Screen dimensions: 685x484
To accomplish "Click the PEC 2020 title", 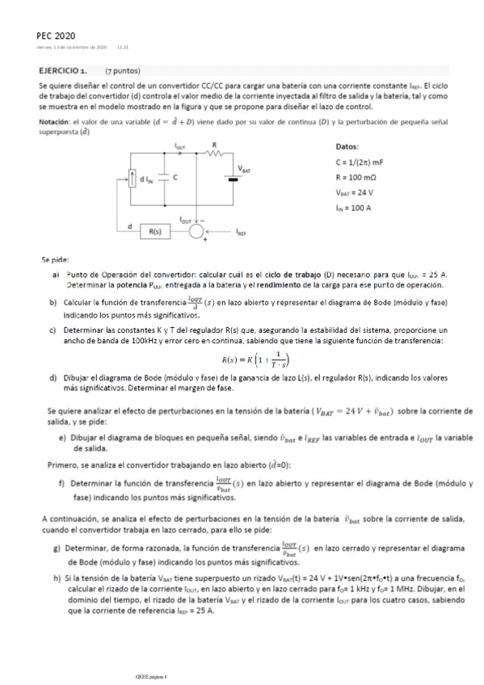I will pyautogui.click(x=57, y=36).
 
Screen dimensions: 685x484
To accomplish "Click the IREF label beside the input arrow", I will pyautogui.click(x=243, y=232).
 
